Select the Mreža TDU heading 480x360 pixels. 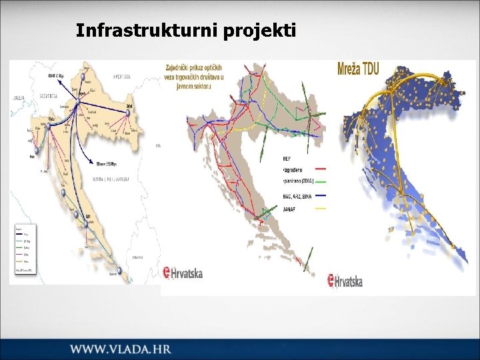pyautogui.click(x=359, y=69)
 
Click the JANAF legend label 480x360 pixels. pyautogui.click(x=291, y=209)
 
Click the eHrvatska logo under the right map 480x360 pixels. pyautogui.click(x=345, y=281)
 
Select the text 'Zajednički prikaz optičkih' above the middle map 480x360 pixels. pyautogui.click(x=193, y=67)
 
